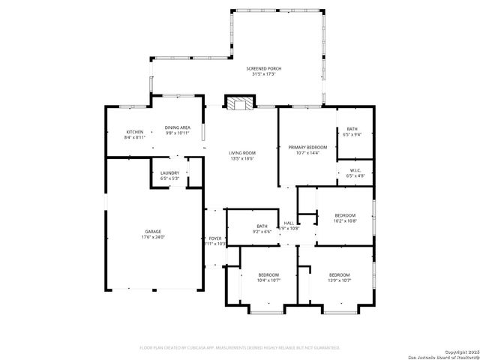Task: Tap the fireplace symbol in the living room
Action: pyautogui.click(x=240, y=103)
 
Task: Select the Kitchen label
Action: pyautogui.click(x=135, y=132)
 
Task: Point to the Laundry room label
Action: pyautogui.click(x=170, y=172)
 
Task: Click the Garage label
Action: pyautogui.click(x=153, y=232)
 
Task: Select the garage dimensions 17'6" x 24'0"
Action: pyautogui.click(x=153, y=238)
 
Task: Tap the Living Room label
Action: pyautogui.click(x=242, y=153)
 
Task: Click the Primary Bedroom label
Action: pyautogui.click(x=307, y=147)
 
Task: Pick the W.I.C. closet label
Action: pyautogui.click(x=355, y=170)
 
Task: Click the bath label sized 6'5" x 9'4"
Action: pyautogui.click(x=351, y=130)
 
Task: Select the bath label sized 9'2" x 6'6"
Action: pyautogui.click(x=262, y=226)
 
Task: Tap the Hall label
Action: pyautogui.click(x=289, y=223)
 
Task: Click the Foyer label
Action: pyautogui.click(x=215, y=238)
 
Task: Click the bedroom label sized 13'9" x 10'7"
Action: pyautogui.click(x=339, y=274)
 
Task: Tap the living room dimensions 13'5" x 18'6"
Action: pyautogui.click(x=242, y=159)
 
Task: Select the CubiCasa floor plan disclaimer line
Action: pyautogui.click(x=240, y=347)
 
